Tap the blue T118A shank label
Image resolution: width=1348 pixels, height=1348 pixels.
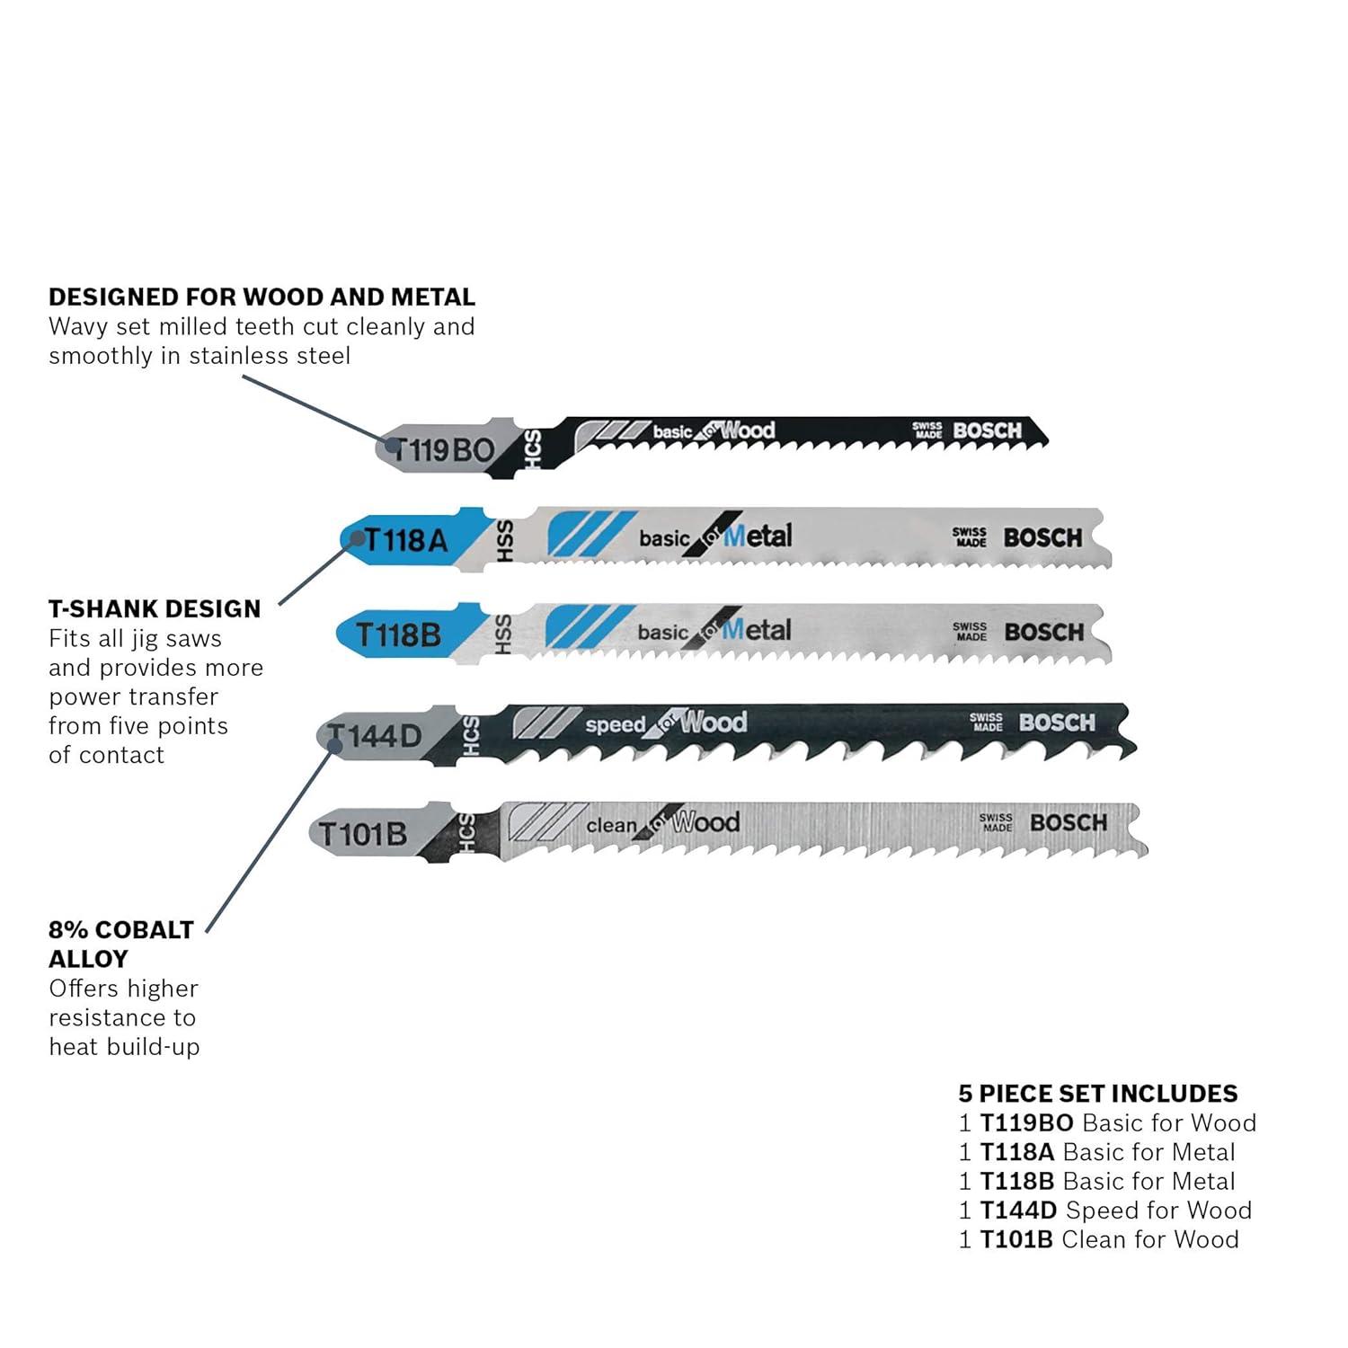(405, 539)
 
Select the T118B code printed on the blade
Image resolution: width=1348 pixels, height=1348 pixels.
(398, 634)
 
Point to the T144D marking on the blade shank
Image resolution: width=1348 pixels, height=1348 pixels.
(374, 736)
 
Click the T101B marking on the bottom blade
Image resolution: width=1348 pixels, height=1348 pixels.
(362, 834)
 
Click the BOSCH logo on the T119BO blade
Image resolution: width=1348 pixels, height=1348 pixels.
(988, 430)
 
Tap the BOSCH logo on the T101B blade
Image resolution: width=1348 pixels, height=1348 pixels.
(1069, 822)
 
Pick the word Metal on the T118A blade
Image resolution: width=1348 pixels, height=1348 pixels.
(758, 536)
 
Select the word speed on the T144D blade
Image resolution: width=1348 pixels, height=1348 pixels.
(616, 724)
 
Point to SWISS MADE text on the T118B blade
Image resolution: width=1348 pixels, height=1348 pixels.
(971, 631)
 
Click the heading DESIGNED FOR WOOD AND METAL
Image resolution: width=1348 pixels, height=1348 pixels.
(262, 297)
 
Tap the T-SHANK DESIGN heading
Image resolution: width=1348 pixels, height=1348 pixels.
(155, 608)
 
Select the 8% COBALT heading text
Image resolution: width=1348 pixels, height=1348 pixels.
(121, 929)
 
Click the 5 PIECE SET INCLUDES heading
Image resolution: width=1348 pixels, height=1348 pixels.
(1097, 1093)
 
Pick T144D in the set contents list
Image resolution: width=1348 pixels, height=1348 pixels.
(1018, 1210)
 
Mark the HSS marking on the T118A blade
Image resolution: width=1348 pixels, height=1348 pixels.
(504, 541)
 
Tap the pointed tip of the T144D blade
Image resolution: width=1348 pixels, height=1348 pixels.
(1137, 746)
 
